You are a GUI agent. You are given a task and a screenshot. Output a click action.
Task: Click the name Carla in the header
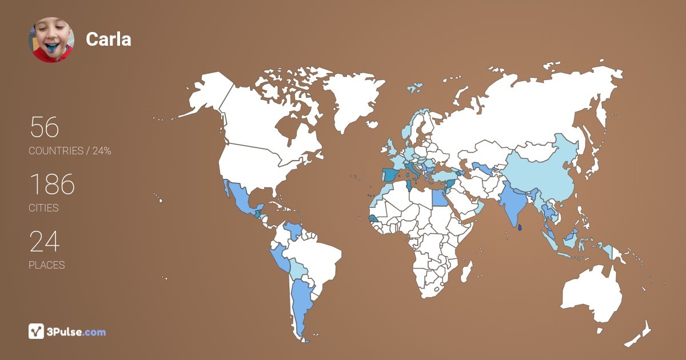(109, 39)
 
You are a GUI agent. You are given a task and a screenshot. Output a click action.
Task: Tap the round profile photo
(51, 39)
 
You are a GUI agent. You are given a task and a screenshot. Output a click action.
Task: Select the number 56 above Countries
(44, 127)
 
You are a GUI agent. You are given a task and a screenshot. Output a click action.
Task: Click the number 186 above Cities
(51, 185)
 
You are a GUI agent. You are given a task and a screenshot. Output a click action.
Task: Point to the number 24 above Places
(44, 242)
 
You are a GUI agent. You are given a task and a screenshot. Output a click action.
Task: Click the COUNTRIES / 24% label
(70, 151)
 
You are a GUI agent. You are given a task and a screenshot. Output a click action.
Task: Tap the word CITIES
(43, 208)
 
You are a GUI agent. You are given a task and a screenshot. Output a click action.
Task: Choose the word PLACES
(46, 265)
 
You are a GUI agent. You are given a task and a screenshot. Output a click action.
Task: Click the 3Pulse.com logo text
(77, 331)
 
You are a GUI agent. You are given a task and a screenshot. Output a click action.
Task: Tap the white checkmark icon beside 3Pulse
(36, 331)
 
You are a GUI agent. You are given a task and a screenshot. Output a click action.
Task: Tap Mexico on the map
(240, 199)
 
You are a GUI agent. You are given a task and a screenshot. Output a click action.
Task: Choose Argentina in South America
(300, 303)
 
